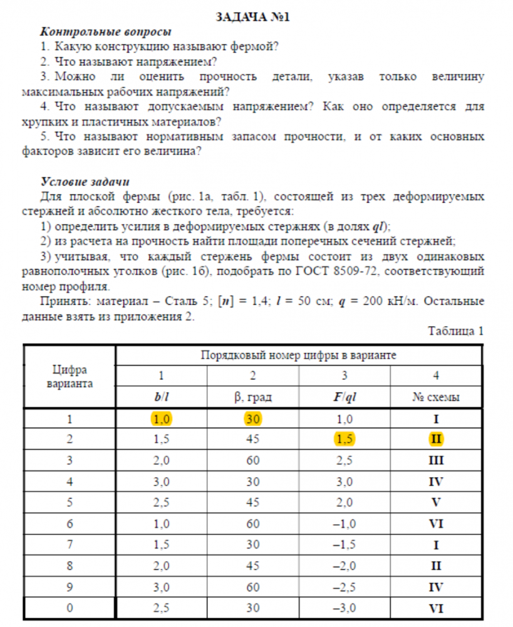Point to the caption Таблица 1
456,330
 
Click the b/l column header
161,397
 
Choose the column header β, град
253,397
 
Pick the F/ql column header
344,397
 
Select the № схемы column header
436,397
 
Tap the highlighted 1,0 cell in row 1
161,419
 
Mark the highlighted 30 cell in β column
253,419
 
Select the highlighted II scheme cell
436,440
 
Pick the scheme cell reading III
436,461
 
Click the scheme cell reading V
436,503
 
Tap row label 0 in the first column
70,608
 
